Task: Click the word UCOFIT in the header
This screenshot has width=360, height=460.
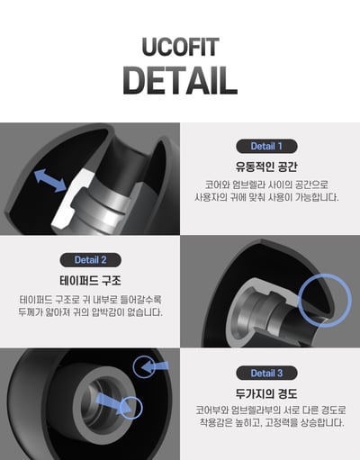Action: (180, 47)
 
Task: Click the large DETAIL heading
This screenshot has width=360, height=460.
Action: (180, 78)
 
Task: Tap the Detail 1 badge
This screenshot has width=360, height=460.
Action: (265, 146)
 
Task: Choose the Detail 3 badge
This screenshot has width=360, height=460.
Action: (265, 373)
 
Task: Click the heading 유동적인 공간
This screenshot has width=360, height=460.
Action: (265, 167)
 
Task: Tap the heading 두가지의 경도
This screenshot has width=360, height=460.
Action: (265, 393)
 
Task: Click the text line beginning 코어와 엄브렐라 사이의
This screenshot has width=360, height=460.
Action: (265, 185)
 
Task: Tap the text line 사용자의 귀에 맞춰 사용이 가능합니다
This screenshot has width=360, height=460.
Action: (265, 198)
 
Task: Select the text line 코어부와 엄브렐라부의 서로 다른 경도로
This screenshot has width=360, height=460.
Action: (265, 411)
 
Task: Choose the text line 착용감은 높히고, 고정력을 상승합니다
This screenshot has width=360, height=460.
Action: (265, 425)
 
